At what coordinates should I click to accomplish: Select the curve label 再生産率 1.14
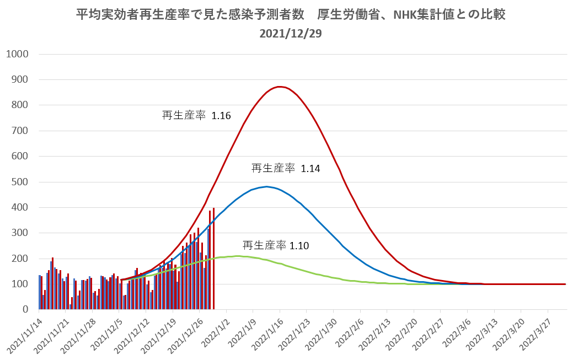click(x=286, y=169)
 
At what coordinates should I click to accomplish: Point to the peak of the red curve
click(x=280, y=87)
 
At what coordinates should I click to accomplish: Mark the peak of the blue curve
click(x=266, y=186)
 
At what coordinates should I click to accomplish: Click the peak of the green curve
click(x=237, y=256)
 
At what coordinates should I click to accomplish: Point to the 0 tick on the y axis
click(x=25, y=310)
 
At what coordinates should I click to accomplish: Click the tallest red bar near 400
click(x=213, y=259)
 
